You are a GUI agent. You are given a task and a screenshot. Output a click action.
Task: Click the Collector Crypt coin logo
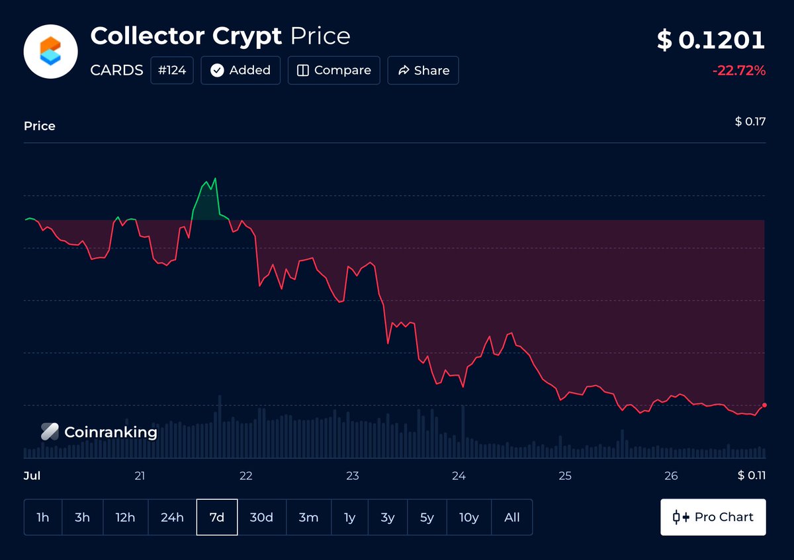tap(51, 52)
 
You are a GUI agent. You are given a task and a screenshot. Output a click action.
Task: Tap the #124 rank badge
tap(172, 70)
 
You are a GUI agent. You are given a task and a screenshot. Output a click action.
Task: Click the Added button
tap(240, 70)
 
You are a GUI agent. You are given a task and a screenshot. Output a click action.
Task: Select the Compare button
tap(334, 70)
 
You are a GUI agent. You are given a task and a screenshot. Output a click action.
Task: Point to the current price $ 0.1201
tap(711, 40)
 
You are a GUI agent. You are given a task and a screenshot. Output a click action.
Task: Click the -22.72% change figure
tap(739, 71)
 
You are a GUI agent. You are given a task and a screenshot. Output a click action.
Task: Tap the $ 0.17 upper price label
tap(750, 122)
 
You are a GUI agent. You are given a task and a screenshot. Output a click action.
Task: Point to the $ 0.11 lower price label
tap(752, 475)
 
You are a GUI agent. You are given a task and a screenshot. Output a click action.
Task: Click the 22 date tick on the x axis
tap(246, 475)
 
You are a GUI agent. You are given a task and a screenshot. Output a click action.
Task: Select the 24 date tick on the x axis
tap(459, 475)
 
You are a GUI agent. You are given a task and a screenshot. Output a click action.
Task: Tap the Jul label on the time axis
tap(32, 475)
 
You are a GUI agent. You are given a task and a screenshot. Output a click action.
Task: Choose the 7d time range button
tap(217, 517)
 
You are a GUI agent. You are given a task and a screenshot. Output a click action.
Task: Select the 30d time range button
tap(261, 517)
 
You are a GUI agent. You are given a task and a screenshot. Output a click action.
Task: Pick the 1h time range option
tap(43, 517)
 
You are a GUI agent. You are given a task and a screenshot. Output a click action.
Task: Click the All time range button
tap(512, 517)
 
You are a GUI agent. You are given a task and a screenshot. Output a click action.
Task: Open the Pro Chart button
tap(713, 517)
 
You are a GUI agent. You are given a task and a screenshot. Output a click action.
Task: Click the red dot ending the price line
tap(765, 405)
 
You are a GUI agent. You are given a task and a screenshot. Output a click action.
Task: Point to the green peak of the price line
tap(215, 179)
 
